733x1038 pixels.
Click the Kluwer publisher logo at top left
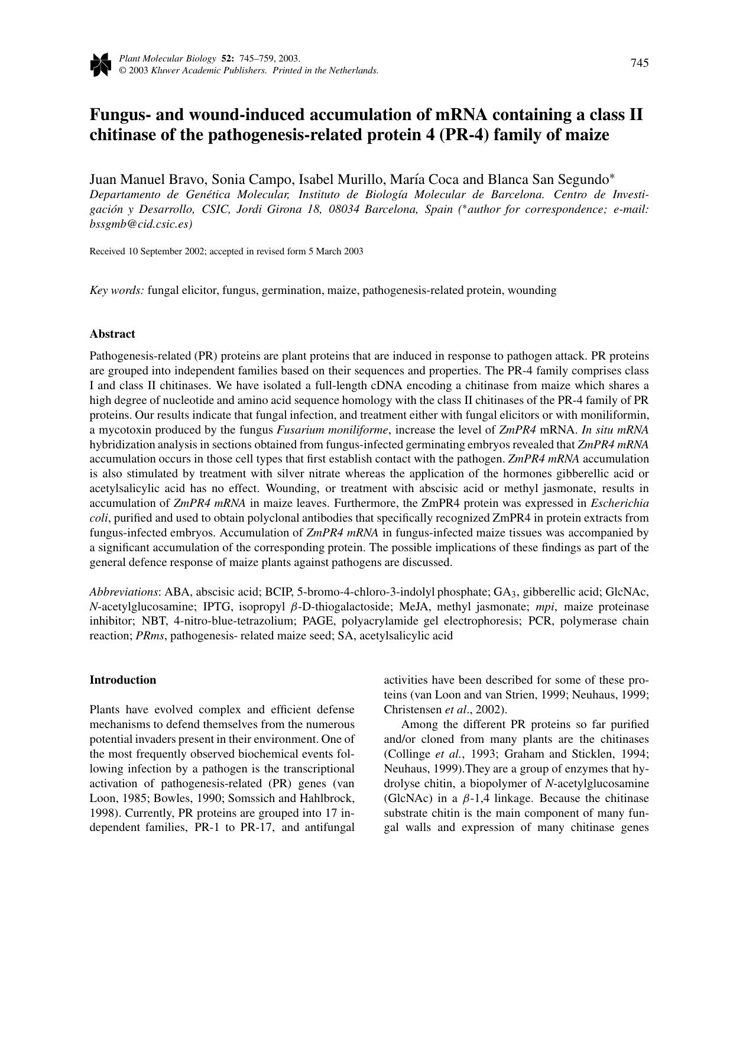pos(100,64)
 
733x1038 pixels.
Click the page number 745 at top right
pos(639,63)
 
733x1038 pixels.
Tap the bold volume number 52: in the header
pos(228,59)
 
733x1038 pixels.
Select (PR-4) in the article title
pos(463,135)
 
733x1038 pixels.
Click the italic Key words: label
pos(116,290)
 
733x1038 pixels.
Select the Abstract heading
pos(112,334)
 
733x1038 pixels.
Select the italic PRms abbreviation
pos(151,636)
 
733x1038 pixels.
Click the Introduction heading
pos(123,680)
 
